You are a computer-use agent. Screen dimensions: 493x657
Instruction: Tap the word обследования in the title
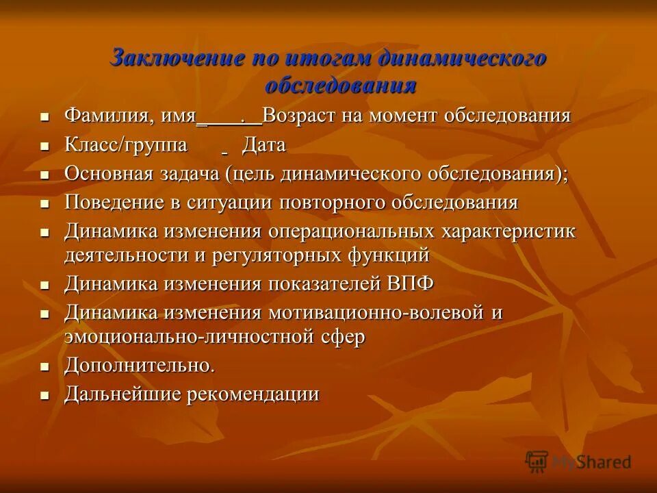point(340,86)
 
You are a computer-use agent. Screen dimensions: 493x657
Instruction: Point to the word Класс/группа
point(126,145)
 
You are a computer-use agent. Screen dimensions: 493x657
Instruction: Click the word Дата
point(263,145)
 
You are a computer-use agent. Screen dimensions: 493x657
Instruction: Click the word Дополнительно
point(140,366)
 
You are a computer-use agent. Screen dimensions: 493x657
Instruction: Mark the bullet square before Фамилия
point(45,117)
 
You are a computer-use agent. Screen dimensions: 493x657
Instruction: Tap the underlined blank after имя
point(229,117)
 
